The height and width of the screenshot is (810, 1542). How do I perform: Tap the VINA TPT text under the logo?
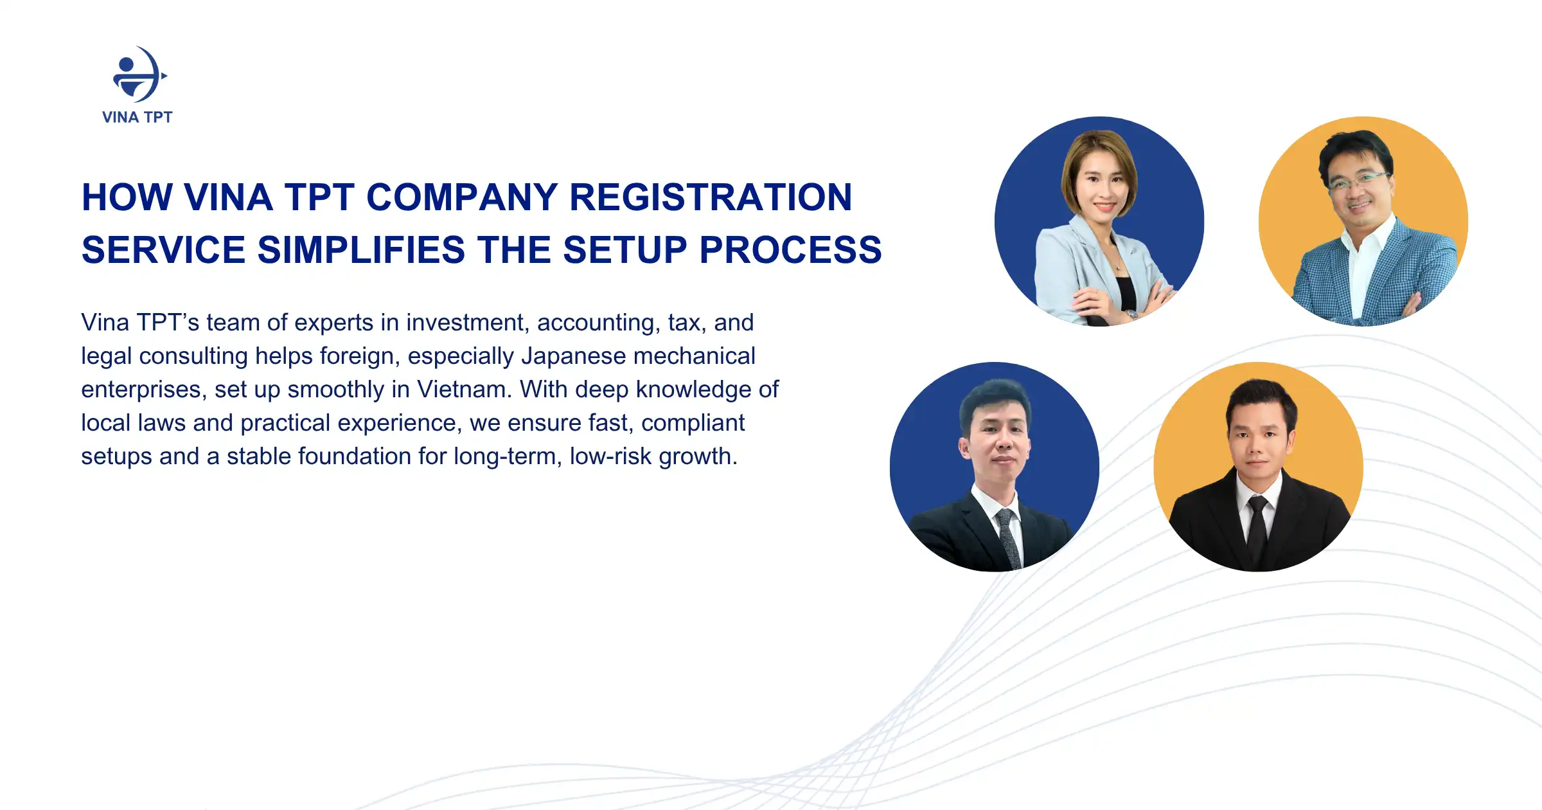pyautogui.click(x=137, y=117)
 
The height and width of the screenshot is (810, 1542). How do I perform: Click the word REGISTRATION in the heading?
pyautogui.click(x=711, y=197)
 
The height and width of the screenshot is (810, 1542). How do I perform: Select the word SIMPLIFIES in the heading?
pyautogui.click(x=361, y=249)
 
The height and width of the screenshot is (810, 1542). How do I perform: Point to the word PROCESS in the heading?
pyautogui.click(x=790, y=249)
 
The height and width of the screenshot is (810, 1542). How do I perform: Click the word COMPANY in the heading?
pyautogui.click(x=462, y=197)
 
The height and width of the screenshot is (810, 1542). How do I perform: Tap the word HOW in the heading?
pyautogui.click(x=127, y=197)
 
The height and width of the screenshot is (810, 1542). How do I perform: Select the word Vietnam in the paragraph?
pyautogui.click(x=461, y=390)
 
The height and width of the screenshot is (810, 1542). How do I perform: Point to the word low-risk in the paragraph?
pyautogui.click(x=610, y=456)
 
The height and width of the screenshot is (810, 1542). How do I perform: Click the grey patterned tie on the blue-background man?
pyautogui.click(x=1009, y=537)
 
